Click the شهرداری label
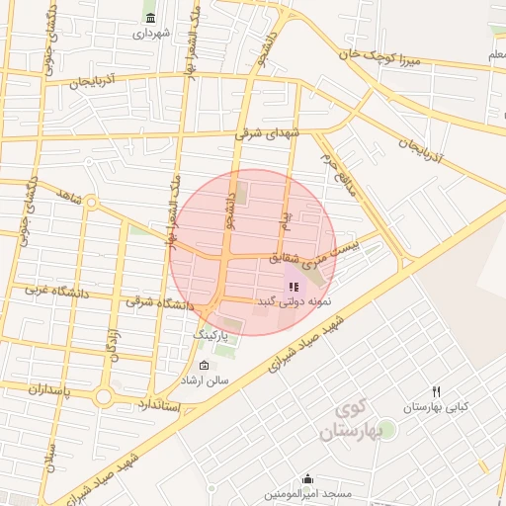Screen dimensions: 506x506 point(153,33)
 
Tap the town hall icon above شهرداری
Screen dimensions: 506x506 point(149,18)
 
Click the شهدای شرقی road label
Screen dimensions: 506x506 point(265,131)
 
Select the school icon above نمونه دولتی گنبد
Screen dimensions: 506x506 point(294,286)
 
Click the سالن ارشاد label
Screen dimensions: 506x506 point(203,379)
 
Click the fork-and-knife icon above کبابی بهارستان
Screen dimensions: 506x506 point(436,391)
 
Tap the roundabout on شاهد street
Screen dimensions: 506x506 point(91,203)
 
